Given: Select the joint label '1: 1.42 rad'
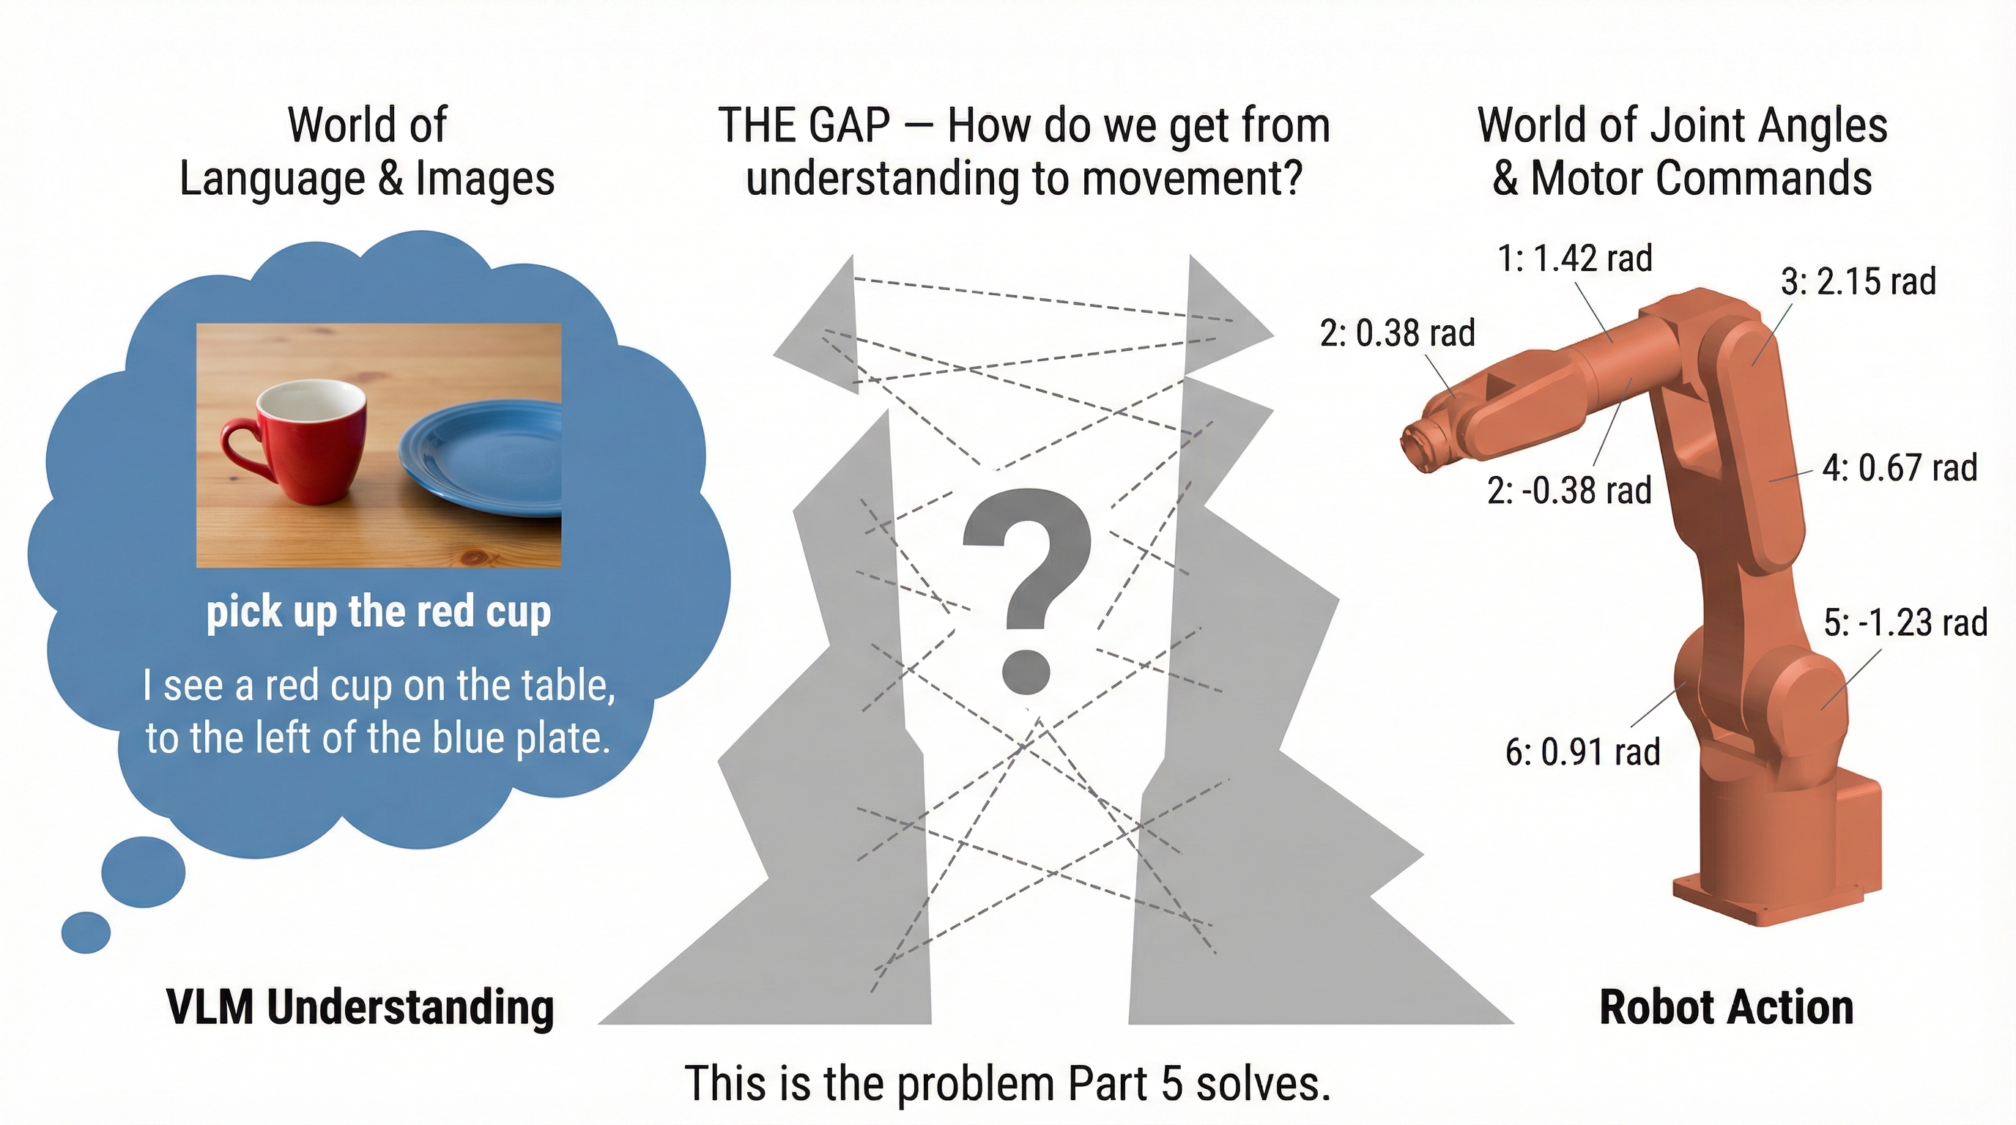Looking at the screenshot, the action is click(1574, 257).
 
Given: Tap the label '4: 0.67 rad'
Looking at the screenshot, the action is click(1900, 467).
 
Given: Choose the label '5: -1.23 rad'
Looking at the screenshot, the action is click(1905, 623).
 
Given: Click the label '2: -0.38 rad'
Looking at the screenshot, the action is click(1570, 491).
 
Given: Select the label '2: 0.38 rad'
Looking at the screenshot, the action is click(1398, 333).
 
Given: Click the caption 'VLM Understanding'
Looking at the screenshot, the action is click(360, 1008).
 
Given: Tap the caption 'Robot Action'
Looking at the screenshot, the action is click(1727, 1007).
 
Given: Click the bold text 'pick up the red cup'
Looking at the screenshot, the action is click(379, 612).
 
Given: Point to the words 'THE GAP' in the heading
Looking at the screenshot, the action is click(804, 125).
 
